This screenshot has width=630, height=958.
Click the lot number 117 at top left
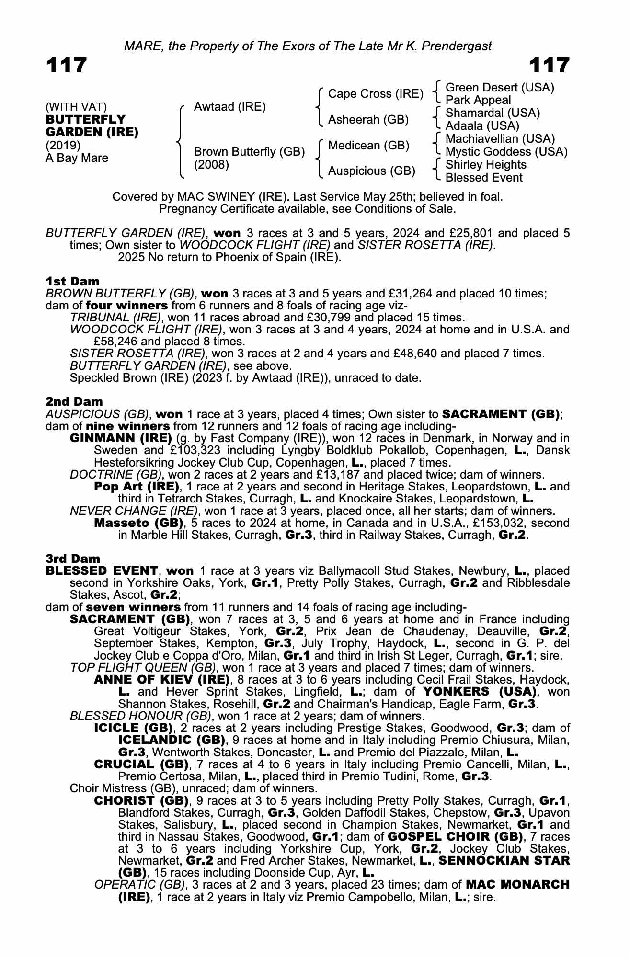coord(67,65)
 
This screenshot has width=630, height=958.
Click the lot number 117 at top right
coord(549,65)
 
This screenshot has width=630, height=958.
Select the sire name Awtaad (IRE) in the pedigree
coord(229,107)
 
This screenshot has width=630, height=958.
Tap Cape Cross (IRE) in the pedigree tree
coord(376,94)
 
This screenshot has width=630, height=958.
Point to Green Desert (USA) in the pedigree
coord(500,88)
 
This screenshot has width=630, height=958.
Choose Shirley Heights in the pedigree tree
coord(486,165)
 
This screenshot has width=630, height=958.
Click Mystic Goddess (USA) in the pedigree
coord(506,152)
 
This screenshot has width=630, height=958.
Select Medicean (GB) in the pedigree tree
coord(368,146)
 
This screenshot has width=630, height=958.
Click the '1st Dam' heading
coord(73,281)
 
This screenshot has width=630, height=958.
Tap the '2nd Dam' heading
coord(74,401)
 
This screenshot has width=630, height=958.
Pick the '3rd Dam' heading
coord(73,559)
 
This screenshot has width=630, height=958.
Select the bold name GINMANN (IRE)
coord(121,438)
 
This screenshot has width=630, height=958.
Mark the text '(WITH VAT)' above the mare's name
coord(76,107)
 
